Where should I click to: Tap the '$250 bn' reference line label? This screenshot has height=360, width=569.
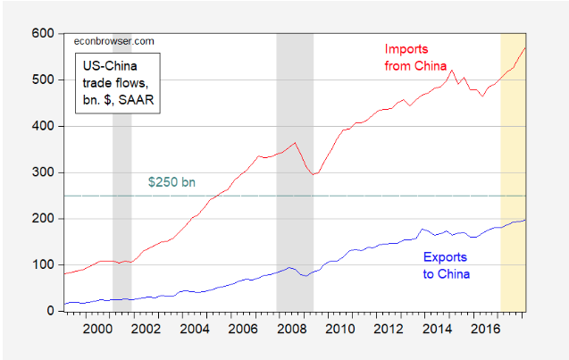pos(171,183)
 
